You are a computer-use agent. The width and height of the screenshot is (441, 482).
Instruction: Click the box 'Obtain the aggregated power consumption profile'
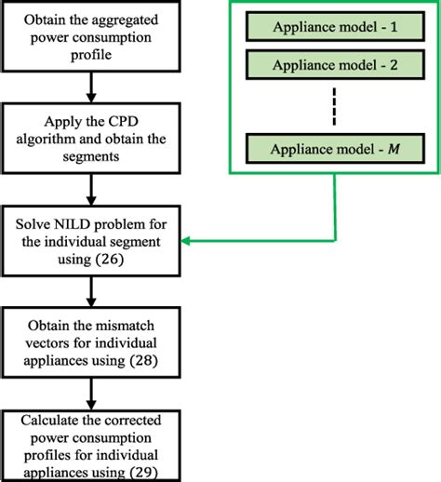pyautogui.click(x=90, y=34)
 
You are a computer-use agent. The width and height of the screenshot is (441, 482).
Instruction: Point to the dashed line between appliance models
pyautogui.click(x=332, y=106)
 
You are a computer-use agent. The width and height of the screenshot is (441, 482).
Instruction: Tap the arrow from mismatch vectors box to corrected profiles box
pyautogui.click(x=90, y=395)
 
